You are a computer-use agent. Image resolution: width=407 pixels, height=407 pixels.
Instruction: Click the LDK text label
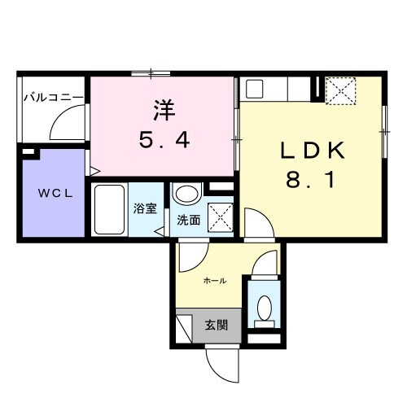(x=314, y=151)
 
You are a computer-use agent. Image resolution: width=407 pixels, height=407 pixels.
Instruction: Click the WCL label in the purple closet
(x=51, y=193)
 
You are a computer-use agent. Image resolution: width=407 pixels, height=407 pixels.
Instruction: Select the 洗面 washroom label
(x=188, y=219)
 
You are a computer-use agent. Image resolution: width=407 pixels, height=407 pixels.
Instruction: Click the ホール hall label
(x=214, y=281)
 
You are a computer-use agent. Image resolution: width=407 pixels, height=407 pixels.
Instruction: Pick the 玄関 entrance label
(x=216, y=324)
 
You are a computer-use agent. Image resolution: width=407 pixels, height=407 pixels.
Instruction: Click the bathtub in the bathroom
(x=110, y=209)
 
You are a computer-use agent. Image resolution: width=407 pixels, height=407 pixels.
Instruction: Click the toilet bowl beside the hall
(x=264, y=309)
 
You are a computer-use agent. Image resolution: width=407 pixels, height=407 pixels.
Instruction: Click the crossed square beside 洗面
(x=219, y=217)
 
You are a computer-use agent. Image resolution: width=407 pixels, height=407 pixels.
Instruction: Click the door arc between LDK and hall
(x=254, y=222)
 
